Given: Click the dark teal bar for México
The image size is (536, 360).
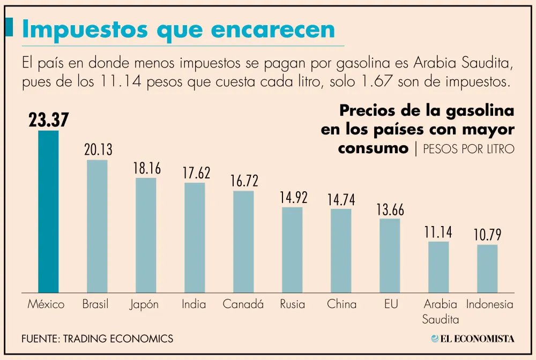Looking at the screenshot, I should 48,212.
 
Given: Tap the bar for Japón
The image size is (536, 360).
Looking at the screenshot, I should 146,235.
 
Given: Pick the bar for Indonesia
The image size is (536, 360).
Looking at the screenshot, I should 487,268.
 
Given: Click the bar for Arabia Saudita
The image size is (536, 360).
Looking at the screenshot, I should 438,267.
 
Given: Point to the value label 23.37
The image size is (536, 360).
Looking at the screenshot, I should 49,120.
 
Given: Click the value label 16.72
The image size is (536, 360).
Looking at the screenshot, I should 244,181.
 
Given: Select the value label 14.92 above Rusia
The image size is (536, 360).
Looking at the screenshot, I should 293,198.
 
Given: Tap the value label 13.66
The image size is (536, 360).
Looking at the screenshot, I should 390,209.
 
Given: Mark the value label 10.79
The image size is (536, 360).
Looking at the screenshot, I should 487,235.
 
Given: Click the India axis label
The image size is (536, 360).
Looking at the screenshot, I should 194,304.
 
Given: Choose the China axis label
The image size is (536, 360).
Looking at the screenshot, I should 341,304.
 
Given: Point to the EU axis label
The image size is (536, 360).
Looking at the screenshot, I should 391,304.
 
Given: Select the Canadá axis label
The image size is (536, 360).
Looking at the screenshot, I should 243,304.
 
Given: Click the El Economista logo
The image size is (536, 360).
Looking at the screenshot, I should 472,339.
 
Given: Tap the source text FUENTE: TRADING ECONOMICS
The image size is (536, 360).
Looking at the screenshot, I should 97,339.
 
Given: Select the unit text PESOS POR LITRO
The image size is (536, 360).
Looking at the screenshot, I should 468,149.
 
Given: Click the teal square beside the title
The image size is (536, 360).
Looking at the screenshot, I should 9,27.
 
